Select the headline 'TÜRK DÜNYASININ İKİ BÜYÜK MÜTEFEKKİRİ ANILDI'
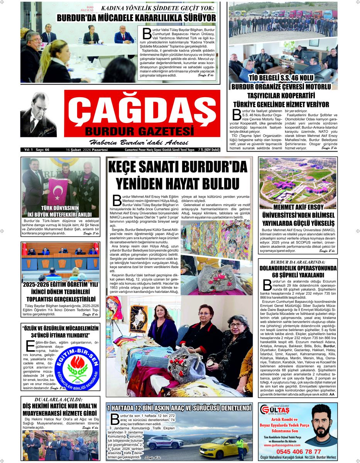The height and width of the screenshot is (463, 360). point(60,211)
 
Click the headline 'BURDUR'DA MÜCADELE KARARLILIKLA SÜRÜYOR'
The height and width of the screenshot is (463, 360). point(136,17)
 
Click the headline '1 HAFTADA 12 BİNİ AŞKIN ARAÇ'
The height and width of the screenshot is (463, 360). point(179,408)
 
